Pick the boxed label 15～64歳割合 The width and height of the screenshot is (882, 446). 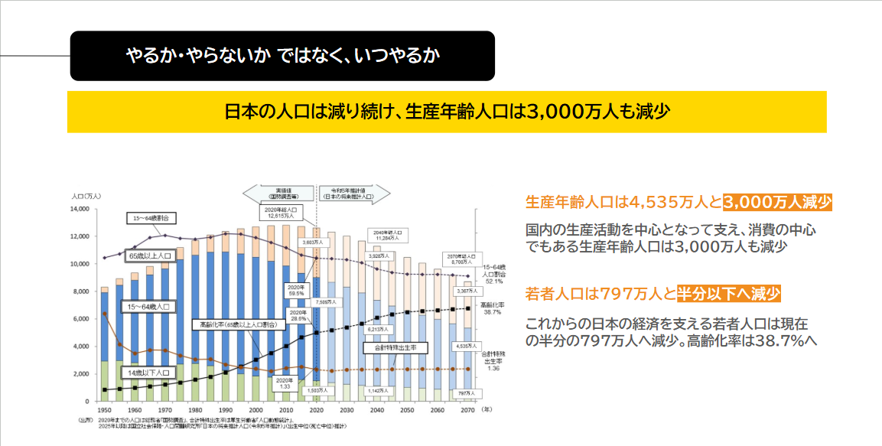[x=153, y=219]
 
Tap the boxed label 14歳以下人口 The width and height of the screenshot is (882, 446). [x=148, y=373]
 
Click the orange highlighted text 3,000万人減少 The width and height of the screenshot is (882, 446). [x=776, y=203]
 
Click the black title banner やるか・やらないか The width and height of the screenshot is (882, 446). [x=282, y=56]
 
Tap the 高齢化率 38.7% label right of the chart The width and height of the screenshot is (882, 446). [x=491, y=308]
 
